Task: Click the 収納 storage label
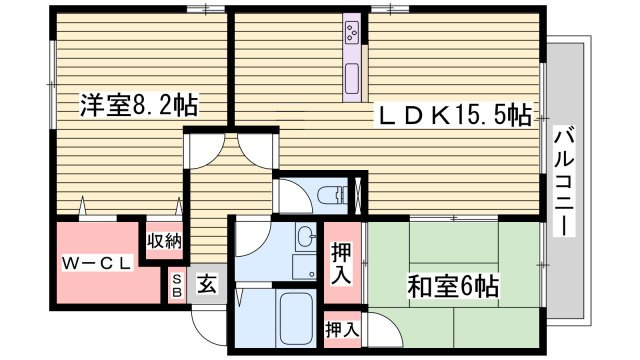point(165,240)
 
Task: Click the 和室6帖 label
point(452,286)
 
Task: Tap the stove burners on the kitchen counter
point(354,34)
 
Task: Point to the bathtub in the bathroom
point(297,319)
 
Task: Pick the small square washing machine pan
point(303,267)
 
